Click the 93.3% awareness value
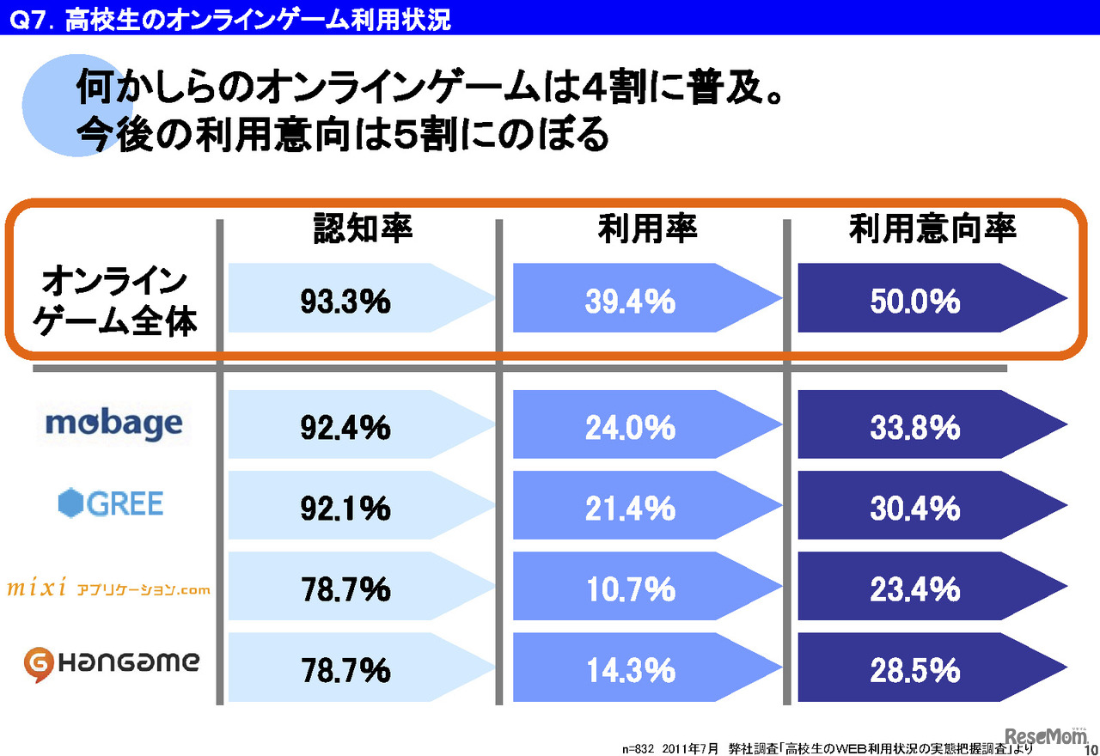(345, 302)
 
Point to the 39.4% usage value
(630, 302)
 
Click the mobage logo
(113, 424)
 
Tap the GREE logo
(111, 503)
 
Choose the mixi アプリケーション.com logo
(108, 589)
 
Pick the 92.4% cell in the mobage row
(345, 427)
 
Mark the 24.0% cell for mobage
(630, 427)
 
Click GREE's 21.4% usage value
(630, 508)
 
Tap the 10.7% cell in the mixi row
(630, 588)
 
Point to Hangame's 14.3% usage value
(630, 669)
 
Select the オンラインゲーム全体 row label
(114, 301)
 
